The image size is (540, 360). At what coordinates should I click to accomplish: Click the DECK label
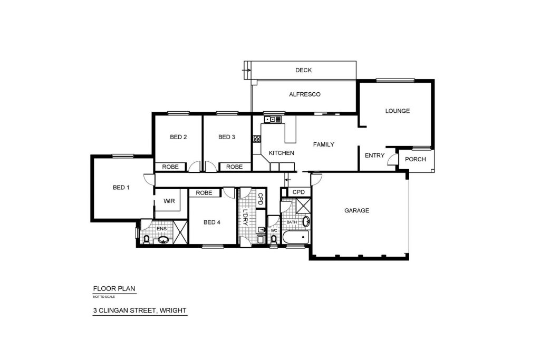[x=303, y=70]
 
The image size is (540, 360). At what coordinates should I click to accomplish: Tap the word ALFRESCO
[x=305, y=94]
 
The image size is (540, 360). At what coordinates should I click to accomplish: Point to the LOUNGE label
[x=398, y=111]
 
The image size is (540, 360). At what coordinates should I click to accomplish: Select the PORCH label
[x=416, y=159]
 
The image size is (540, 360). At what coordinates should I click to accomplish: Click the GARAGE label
[x=357, y=210]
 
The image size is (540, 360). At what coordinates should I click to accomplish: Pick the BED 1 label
[x=121, y=188]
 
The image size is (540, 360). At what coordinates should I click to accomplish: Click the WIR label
[x=169, y=201]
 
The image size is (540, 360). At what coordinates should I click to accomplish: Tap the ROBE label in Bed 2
[x=170, y=167]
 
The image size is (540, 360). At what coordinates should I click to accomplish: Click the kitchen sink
[x=273, y=120]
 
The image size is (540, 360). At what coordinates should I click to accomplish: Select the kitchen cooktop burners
[x=257, y=139]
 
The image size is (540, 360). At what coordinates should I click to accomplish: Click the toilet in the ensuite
[x=147, y=239]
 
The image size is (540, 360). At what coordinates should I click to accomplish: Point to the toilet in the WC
[x=274, y=239]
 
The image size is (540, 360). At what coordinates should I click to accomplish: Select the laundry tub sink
[x=261, y=229]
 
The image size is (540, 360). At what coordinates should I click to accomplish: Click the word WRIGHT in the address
[x=173, y=310]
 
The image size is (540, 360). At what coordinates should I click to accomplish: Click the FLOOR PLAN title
[x=114, y=289]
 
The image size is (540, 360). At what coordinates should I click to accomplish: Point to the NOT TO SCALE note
[x=104, y=297]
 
